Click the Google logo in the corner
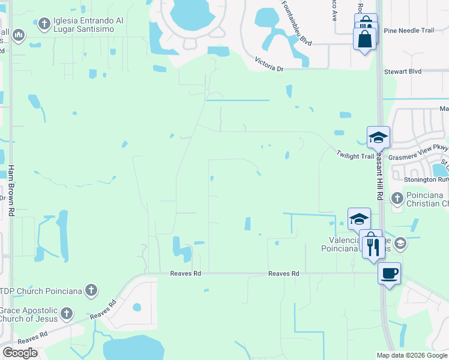click(20, 353)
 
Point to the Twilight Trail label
click(355, 155)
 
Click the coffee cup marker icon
click(389, 274)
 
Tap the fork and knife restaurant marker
click(373, 246)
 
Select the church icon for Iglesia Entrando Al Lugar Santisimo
click(43, 24)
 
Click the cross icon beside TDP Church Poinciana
click(91, 291)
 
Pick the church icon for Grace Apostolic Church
click(67, 313)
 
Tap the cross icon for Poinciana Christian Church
click(397, 198)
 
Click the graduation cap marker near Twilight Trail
click(378, 137)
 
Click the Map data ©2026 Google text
click(411, 355)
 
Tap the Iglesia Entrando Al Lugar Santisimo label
click(88, 25)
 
